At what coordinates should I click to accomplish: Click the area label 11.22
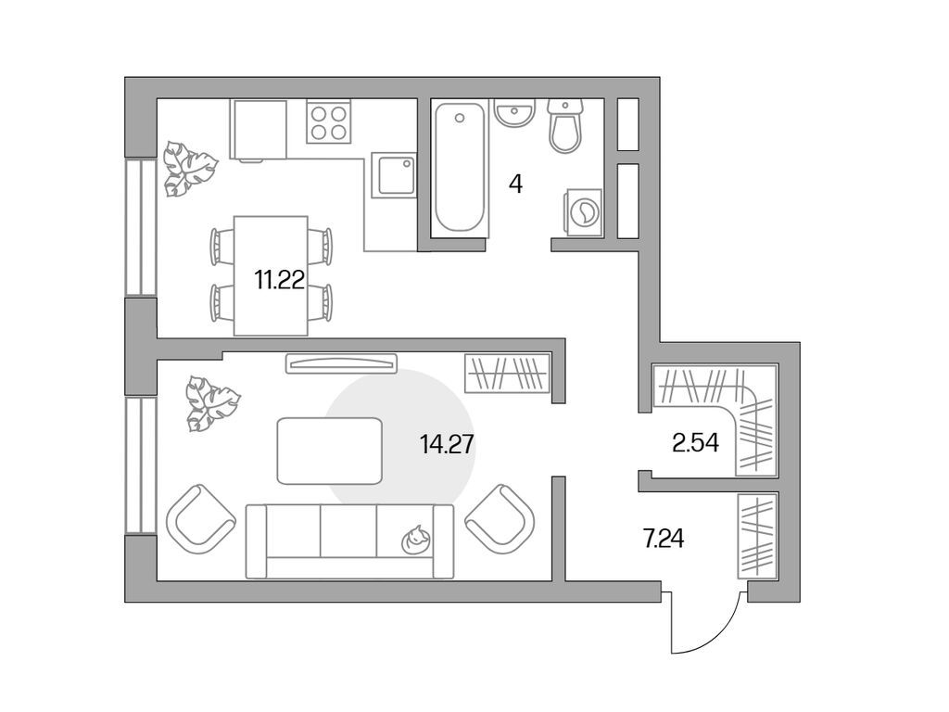coord(280,280)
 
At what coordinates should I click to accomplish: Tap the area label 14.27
coord(447,445)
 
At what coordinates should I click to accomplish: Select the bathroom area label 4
coord(515,184)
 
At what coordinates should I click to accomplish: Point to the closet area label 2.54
coord(696,443)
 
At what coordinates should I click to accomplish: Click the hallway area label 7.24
coord(664,537)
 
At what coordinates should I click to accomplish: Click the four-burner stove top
coord(329,121)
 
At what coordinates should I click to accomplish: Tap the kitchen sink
coord(395,174)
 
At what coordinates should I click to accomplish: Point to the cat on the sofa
coord(417,539)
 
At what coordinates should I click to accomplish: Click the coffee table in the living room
coord(330,451)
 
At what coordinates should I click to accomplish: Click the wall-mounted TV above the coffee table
coord(342,362)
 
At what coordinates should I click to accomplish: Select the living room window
coord(141,465)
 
